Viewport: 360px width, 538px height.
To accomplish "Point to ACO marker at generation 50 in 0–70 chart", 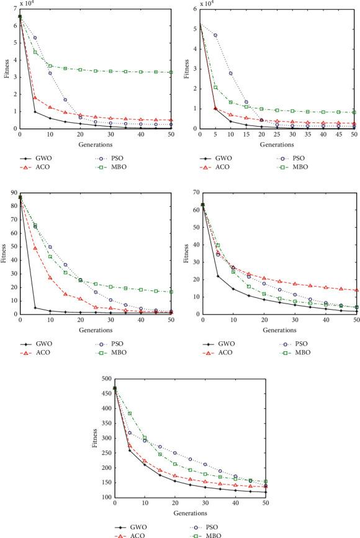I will pyautogui.click(x=357, y=290).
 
